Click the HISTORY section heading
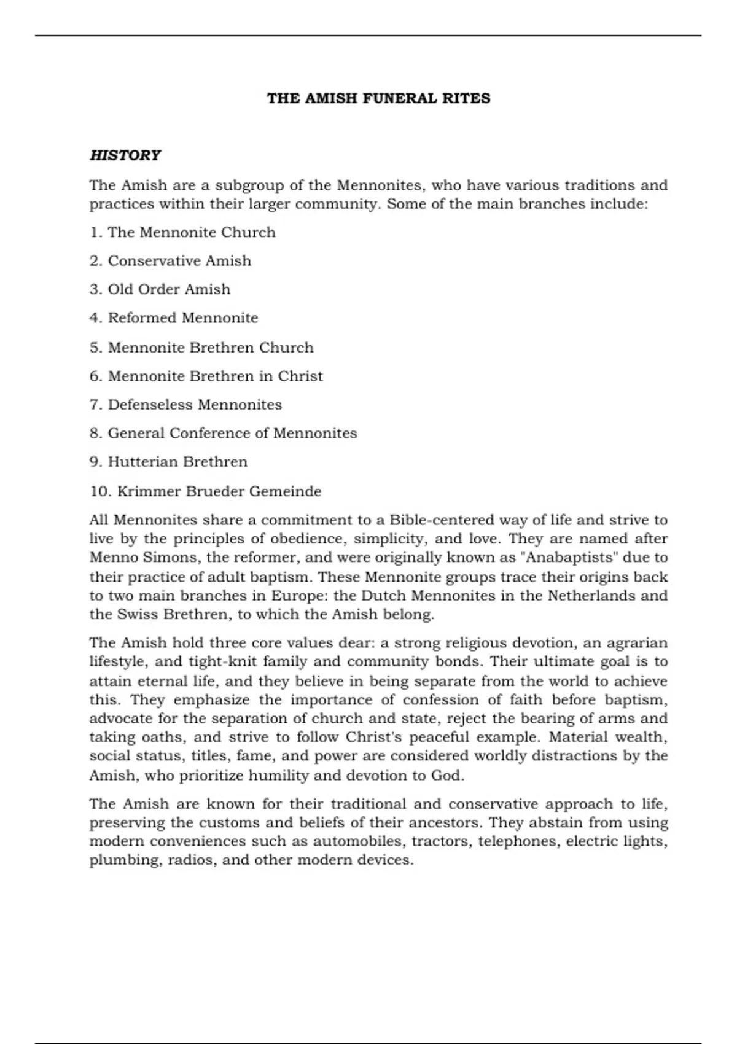pyautogui.click(x=125, y=155)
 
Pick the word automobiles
pyautogui.click(x=358, y=841)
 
